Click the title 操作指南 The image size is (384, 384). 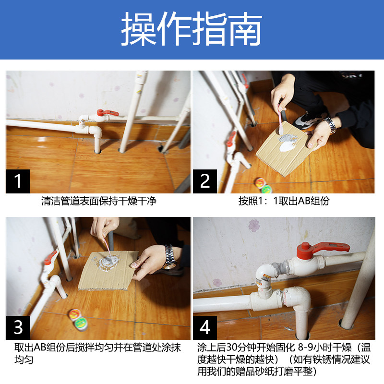click(192, 29)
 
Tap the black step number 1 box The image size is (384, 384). click(18, 181)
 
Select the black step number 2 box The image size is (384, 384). click(205, 181)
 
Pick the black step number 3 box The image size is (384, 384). click(18, 327)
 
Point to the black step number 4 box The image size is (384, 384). click(205, 327)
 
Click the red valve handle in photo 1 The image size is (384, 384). click(107, 113)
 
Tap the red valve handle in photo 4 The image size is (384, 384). click(321, 249)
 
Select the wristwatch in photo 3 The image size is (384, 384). click(170, 257)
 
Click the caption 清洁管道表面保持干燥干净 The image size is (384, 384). click(99, 201)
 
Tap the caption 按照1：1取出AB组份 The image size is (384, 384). click(284, 201)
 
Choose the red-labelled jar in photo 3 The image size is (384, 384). click(74, 315)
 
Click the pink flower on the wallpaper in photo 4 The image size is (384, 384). click(254, 225)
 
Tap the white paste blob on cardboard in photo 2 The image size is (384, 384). click(287, 147)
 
